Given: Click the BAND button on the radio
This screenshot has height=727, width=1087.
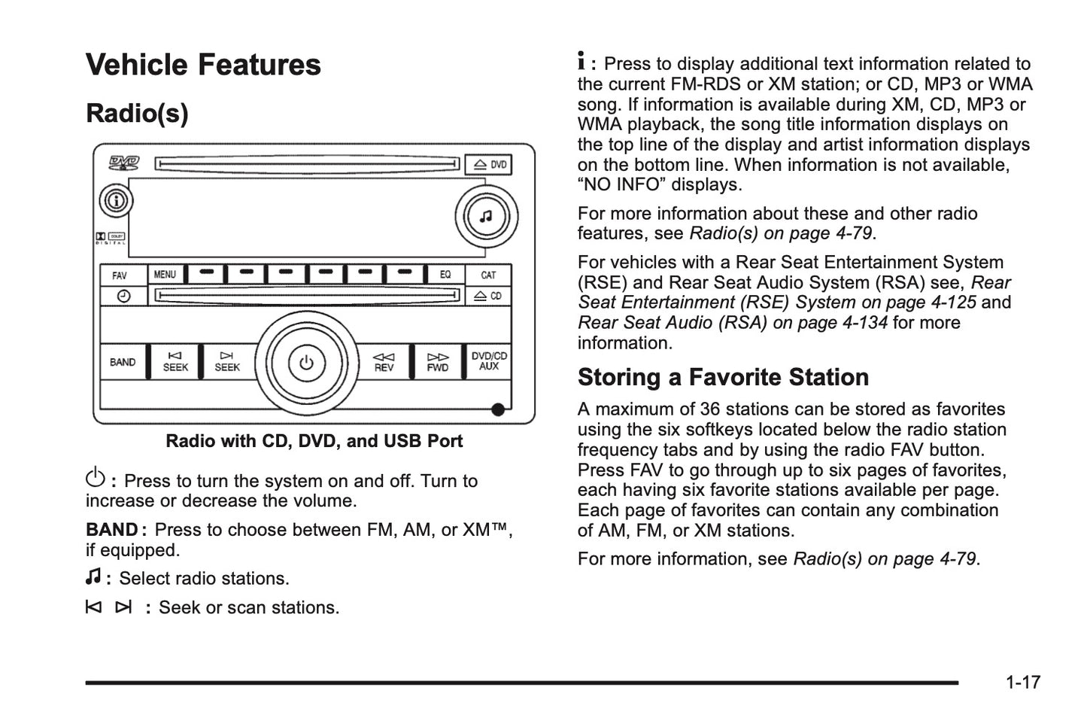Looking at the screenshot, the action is coord(123,362).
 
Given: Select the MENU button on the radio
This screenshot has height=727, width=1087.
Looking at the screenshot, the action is coord(165,275).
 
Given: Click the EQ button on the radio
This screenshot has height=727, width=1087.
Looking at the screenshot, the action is coord(445,275).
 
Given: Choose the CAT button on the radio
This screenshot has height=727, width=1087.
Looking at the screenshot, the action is coord(488,275).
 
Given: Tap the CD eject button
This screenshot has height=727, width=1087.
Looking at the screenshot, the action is coord(488,296).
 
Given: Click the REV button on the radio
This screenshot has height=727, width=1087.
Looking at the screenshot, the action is coord(384,362).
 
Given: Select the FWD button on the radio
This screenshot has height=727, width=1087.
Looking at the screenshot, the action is coord(437,362).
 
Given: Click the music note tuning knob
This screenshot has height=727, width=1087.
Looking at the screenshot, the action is coord(486,216).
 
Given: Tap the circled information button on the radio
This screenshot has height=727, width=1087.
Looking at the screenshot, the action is coord(116,200).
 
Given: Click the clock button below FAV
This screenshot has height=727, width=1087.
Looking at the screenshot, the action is coord(123,296).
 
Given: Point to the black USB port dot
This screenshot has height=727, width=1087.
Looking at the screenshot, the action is coord(498,410).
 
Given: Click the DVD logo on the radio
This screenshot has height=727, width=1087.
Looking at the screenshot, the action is coord(123,163).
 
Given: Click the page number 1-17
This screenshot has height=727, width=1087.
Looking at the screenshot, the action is coord(1023,683).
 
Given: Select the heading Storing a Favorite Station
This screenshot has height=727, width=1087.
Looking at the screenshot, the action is coord(723,377).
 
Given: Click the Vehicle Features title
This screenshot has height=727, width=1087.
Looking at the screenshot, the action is coord(203,65).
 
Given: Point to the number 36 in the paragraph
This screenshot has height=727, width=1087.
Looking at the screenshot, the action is coord(710,409).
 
